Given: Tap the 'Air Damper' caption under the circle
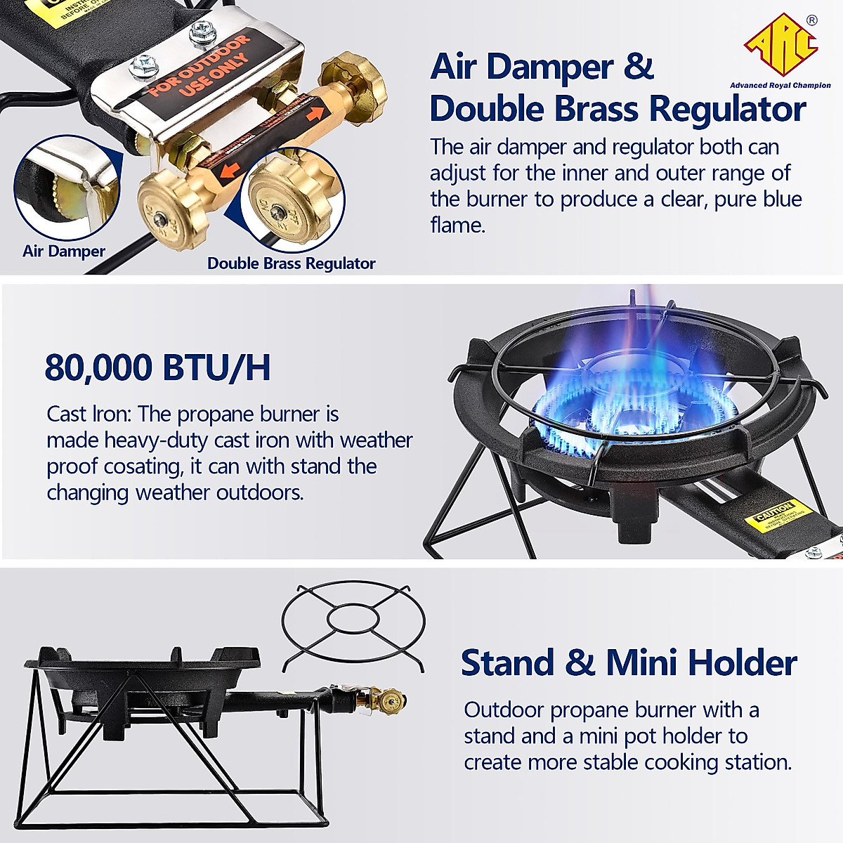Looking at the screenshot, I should (63, 251).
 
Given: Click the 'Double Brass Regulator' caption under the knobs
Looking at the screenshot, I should (291, 263).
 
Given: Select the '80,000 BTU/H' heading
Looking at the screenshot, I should (157, 367).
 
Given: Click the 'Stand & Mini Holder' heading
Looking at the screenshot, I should (628, 662).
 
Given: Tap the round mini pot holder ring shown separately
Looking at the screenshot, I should (353, 623).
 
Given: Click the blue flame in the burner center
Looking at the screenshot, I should (632, 407).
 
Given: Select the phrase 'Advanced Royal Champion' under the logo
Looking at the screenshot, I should (780, 86).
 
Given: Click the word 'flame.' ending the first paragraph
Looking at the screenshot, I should (457, 226).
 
